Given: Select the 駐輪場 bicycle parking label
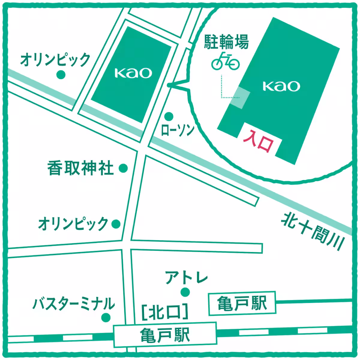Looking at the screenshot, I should coord(226,42).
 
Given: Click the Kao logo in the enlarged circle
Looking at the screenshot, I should coord(281,86).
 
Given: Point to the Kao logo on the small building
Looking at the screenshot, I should coord(133,73).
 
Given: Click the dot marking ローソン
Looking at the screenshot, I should coord(169,116).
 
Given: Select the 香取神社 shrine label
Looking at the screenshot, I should coord(81,169).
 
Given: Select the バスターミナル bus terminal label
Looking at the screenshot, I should coord(73,303).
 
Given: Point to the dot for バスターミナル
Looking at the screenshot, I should coord(106,317).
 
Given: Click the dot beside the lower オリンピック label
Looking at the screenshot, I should coord(116,223).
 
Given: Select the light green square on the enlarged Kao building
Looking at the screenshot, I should coord(240,98).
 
